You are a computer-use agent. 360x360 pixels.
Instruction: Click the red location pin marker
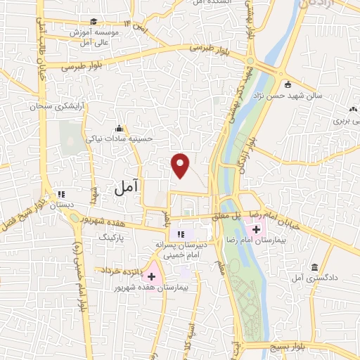(x=181, y=165)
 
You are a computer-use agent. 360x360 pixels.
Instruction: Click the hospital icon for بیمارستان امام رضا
(x=255, y=229)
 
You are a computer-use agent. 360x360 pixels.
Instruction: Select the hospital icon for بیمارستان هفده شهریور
(x=151, y=277)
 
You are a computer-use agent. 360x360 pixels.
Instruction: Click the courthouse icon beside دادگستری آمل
(x=313, y=267)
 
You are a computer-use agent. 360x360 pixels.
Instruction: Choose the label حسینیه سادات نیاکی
(x=117, y=139)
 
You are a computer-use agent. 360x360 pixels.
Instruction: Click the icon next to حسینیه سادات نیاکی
(x=119, y=128)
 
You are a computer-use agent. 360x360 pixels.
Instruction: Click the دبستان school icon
(x=61, y=194)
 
